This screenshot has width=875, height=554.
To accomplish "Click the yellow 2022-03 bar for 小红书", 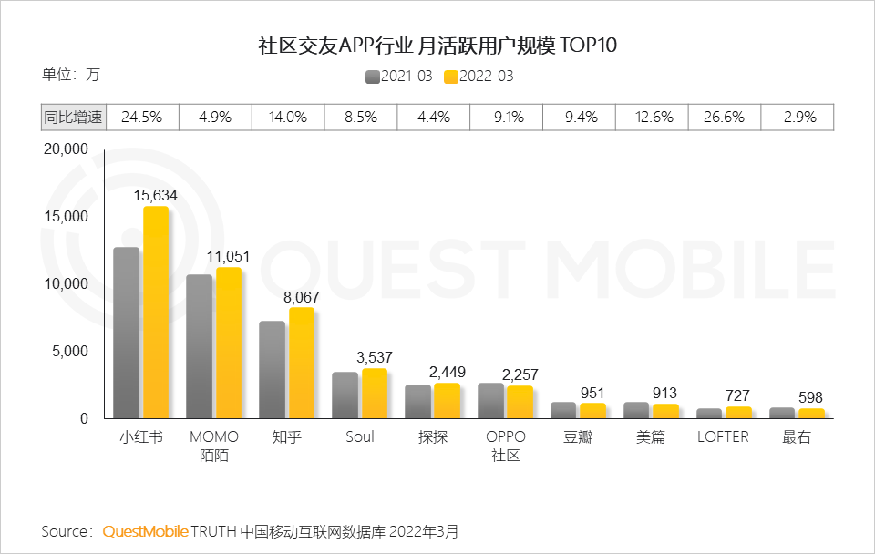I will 156,312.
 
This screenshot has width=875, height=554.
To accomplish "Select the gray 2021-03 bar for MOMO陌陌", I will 199,346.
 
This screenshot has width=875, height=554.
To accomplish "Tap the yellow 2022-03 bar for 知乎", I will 302,363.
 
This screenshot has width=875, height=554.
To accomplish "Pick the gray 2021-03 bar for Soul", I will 345,395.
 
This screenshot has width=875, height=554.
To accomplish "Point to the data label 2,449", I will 447,372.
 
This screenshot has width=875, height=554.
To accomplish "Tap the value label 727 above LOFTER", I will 738,395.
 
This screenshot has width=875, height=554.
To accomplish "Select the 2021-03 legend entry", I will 398,77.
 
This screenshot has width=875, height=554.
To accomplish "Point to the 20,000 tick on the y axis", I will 65,149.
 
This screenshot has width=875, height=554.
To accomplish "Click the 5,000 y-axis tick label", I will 69,352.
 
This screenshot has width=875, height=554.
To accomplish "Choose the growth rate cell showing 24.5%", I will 141,118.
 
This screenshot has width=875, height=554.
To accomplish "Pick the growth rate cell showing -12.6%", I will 652,118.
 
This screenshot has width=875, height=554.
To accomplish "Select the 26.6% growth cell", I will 725,118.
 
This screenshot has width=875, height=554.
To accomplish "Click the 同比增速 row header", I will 74,118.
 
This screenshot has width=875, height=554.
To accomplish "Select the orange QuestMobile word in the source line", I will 146,530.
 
